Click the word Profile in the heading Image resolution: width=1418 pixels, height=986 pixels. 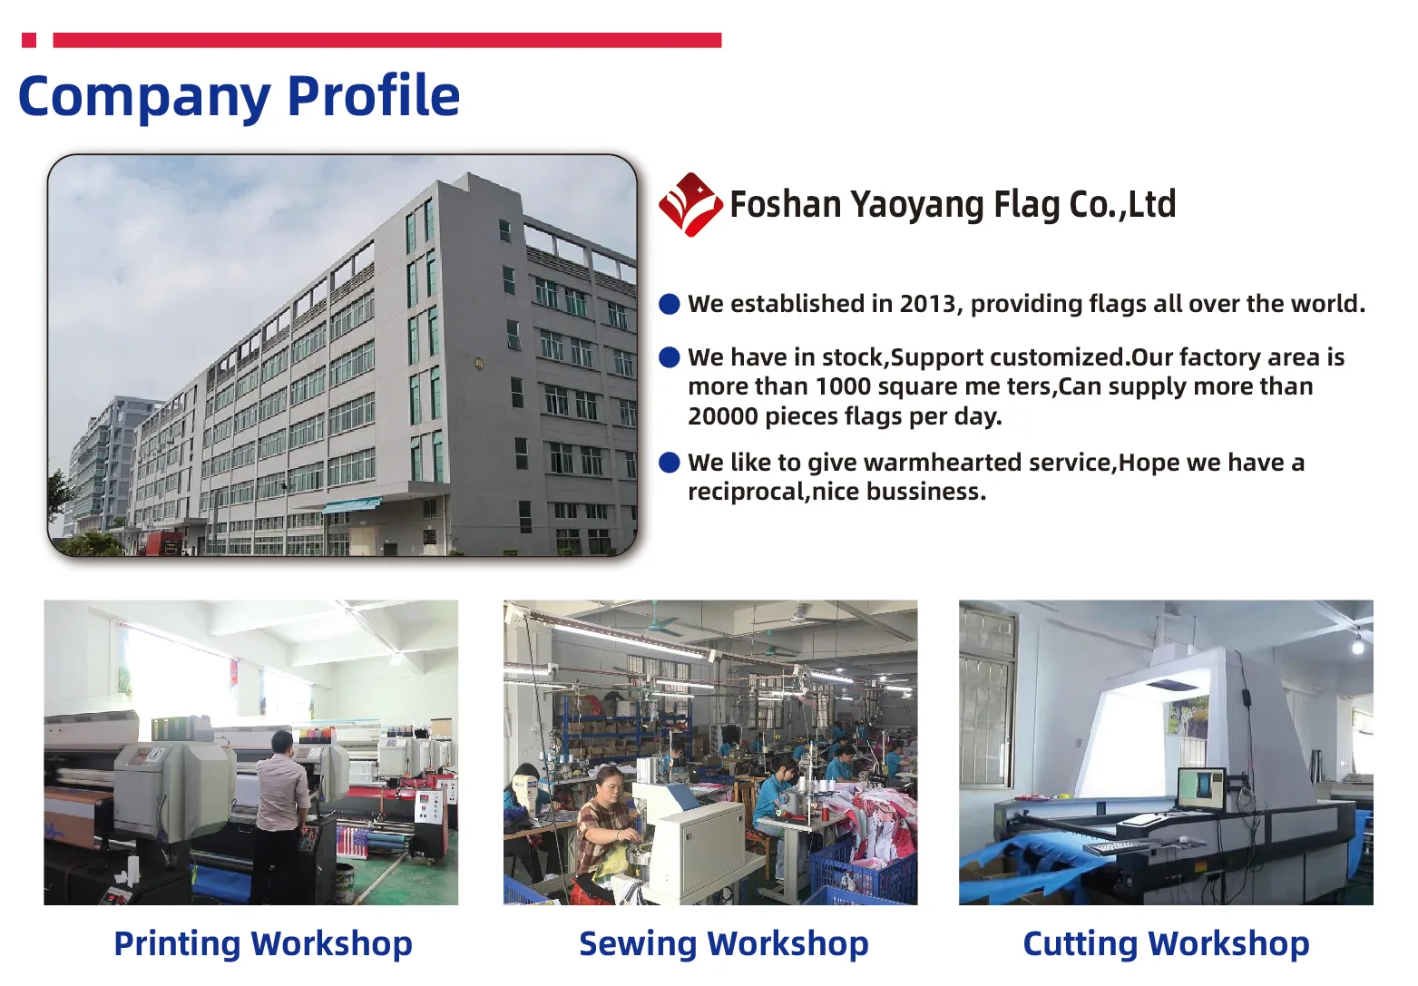pos(374,96)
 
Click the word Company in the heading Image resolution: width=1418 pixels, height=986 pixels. pos(144,99)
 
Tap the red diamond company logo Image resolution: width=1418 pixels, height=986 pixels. pos(690,204)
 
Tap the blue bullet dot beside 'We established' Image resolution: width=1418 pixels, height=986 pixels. pos(670,304)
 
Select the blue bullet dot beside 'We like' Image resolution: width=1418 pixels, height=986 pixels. pos(670,463)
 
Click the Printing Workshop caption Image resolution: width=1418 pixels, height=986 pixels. pos(263,943)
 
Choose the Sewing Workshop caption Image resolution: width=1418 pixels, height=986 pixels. pos(724,943)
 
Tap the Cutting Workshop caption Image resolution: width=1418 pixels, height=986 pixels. pos(1166,943)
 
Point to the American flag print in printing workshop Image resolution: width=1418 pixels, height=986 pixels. pos(352,841)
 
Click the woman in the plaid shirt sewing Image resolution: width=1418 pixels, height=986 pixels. pos(603,824)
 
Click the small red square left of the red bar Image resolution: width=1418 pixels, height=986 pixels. pos(29,40)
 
